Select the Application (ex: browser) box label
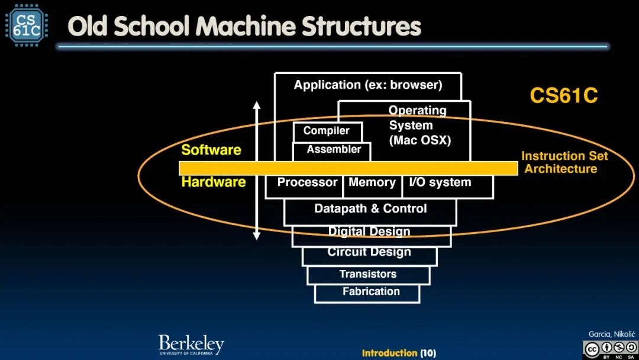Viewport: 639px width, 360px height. (x=368, y=85)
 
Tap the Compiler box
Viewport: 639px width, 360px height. (x=327, y=131)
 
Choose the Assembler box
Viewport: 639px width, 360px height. (x=333, y=150)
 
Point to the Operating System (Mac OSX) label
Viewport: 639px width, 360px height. (x=419, y=126)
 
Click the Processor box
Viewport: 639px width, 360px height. (x=306, y=183)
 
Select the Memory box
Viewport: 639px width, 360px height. (x=372, y=183)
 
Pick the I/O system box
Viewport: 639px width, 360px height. (x=440, y=183)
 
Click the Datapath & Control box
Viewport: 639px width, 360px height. (x=370, y=209)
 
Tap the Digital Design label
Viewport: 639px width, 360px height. (x=369, y=232)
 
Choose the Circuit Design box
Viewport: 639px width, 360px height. (x=369, y=253)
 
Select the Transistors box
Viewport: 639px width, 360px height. (x=368, y=274)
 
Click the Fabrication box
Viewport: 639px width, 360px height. (x=371, y=291)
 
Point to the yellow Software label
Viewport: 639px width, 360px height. (x=211, y=150)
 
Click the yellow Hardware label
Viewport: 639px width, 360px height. (x=213, y=182)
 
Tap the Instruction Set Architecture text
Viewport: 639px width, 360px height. (x=563, y=163)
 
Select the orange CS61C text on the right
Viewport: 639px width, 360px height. (x=563, y=96)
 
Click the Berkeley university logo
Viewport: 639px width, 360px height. (x=191, y=345)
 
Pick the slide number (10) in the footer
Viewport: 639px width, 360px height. (x=428, y=353)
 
